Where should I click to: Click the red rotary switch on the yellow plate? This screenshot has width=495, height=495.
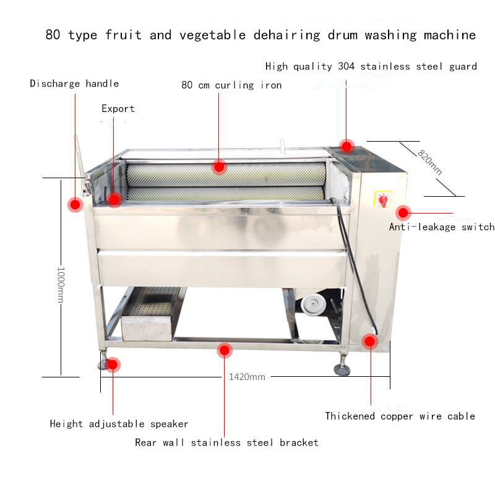[383, 200]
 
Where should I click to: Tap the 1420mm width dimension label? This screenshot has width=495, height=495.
[247, 377]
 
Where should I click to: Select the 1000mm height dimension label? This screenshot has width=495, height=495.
[61, 285]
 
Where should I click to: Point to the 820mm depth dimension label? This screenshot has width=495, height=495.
[429, 162]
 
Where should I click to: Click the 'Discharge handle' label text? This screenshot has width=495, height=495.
[74, 84]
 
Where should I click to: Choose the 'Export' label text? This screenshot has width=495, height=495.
[118, 109]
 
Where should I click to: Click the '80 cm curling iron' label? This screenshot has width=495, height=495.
[231, 85]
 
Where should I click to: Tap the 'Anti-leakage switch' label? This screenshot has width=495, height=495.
[442, 226]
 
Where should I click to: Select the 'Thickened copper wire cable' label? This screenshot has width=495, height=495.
[400, 416]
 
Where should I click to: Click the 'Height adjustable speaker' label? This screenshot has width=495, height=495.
[119, 424]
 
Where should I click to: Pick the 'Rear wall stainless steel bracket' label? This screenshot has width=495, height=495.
[226, 442]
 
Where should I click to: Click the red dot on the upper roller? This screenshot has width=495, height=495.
[219, 166]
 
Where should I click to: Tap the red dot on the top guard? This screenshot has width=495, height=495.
[346, 147]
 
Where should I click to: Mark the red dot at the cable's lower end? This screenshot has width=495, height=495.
[369, 342]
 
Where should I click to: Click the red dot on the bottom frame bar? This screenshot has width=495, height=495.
[225, 350]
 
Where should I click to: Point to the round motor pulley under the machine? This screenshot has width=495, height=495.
[312, 304]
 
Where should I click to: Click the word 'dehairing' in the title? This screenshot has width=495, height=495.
[287, 35]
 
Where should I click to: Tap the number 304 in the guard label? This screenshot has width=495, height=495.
[346, 66]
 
